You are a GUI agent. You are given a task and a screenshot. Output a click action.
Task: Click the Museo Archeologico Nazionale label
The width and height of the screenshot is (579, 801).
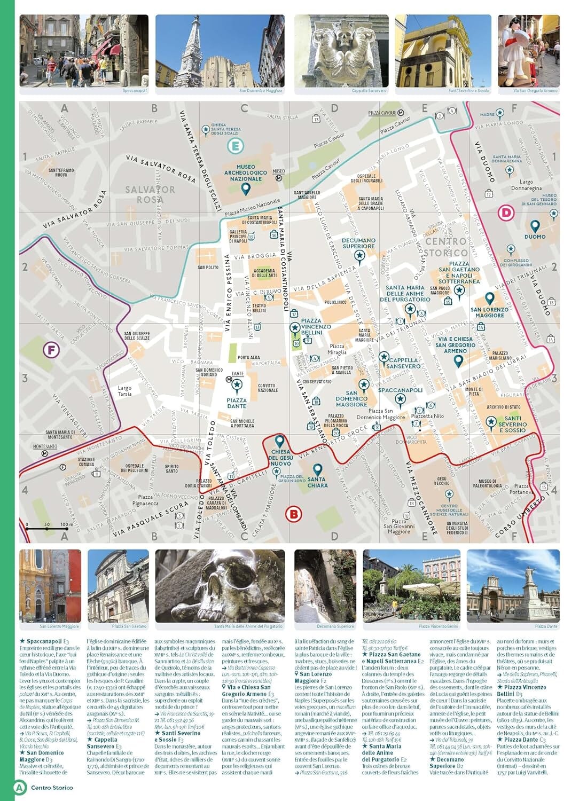tap(245, 173)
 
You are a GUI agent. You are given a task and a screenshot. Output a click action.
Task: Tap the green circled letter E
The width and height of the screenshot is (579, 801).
tap(235, 146)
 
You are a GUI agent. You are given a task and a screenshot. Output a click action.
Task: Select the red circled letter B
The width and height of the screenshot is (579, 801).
tap(293, 514)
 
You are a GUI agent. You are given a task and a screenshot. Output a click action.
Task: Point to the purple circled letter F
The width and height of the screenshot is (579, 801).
tap(51, 350)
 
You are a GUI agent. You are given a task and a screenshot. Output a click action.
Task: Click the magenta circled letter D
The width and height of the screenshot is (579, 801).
tap(505, 213)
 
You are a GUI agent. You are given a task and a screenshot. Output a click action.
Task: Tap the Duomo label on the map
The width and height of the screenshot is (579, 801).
tap(535, 237)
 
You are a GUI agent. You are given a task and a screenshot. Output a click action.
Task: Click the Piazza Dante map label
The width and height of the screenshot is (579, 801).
tap(237, 403)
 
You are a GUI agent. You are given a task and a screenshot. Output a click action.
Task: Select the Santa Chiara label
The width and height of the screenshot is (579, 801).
tap(317, 482)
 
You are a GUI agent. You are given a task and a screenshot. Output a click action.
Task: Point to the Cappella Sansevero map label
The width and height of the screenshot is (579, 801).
tap(404, 363)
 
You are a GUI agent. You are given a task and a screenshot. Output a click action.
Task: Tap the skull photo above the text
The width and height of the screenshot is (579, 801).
tap(220, 586)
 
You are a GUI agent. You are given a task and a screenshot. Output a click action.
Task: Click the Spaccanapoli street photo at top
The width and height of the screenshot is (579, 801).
tap(84, 51)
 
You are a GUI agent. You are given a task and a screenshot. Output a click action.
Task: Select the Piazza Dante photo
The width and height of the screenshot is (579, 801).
tap(513, 586)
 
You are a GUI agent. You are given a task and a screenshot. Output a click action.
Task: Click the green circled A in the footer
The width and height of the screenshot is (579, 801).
tap(20, 787)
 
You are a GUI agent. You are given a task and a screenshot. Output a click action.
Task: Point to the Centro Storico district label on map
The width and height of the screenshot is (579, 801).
tap(446, 247)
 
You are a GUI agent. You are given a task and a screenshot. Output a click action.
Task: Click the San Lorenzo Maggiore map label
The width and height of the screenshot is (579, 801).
tap(489, 312)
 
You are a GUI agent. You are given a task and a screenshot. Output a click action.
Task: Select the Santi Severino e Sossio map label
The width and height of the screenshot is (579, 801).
tap(512, 424)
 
